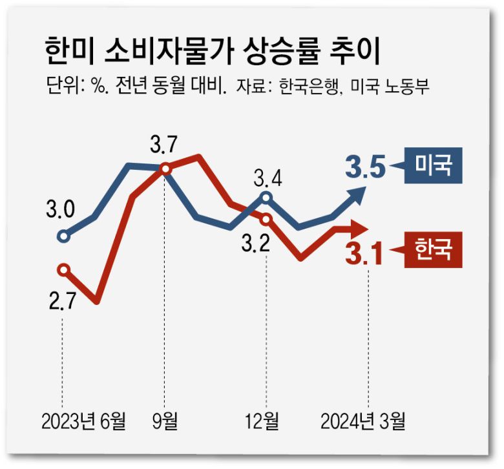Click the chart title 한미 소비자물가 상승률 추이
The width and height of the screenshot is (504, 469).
pyautogui.click(x=213, y=50)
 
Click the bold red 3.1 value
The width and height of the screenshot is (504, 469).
pyautogui.click(x=364, y=252)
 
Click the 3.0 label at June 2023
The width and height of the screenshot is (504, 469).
pyautogui.click(x=60, y=210)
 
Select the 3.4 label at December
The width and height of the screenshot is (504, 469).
pyautogui.click(x=267, y=176)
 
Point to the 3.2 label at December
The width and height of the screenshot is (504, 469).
pyautogui.click(x=256, y=245)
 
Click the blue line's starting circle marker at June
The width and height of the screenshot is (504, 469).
pyautogui.click(x=63, y=236)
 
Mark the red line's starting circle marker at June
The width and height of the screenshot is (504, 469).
pyautogui.click(x=63, y=269)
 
